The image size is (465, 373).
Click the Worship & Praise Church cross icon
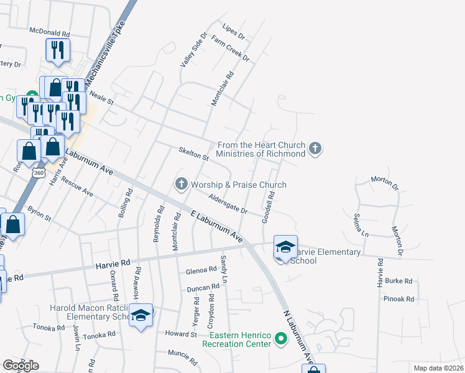pos(181,183)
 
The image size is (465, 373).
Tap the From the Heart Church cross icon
pos(316,148)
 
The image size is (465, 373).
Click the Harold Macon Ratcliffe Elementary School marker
pos(141,315)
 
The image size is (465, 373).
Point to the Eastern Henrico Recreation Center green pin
pos(281,339)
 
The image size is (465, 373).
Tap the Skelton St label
pos(193,154)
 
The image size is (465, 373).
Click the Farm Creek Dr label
pos(231,48)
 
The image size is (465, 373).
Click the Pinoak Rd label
pos(398,299)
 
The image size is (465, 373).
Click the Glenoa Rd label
pos(201,270)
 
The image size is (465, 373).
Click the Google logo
pos(21,366)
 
